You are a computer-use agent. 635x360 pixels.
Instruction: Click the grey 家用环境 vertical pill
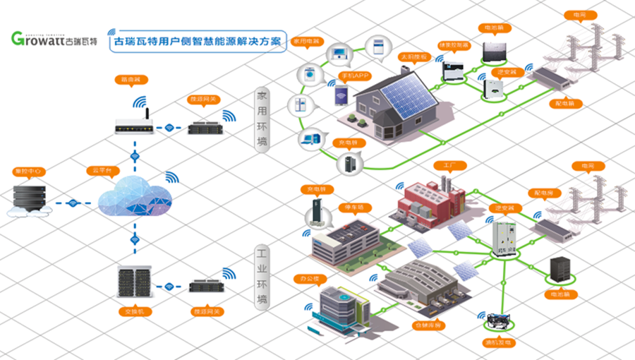pyautogui.click(x=262, y=120)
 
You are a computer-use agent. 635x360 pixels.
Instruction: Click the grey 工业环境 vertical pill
pyautogui.click(x=262, y=275)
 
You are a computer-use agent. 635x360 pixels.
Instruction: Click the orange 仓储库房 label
pyautogui.click(x=428, y=325)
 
